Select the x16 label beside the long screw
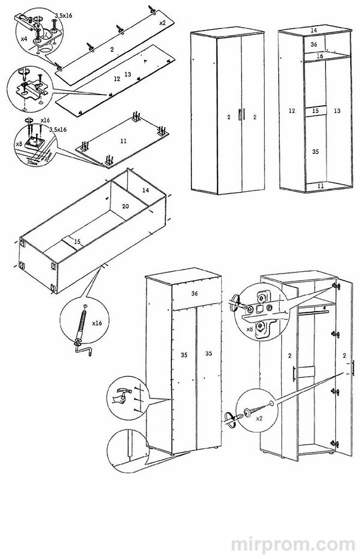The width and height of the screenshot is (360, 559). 97,323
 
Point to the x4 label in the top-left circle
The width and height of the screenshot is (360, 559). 24,39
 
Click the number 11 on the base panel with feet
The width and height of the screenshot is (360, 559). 123,141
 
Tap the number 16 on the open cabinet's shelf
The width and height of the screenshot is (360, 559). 320,56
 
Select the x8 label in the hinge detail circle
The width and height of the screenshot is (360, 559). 249,329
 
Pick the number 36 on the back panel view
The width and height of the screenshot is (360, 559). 194,293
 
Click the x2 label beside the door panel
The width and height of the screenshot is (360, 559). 163,23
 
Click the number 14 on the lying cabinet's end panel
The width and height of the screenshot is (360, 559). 145,190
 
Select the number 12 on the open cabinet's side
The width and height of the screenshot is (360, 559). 292,111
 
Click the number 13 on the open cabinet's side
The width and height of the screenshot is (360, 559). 337,111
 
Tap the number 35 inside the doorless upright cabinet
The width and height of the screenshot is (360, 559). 315,152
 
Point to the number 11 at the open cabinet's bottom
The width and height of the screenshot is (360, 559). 320,186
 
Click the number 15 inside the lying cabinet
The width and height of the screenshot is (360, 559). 77,241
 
